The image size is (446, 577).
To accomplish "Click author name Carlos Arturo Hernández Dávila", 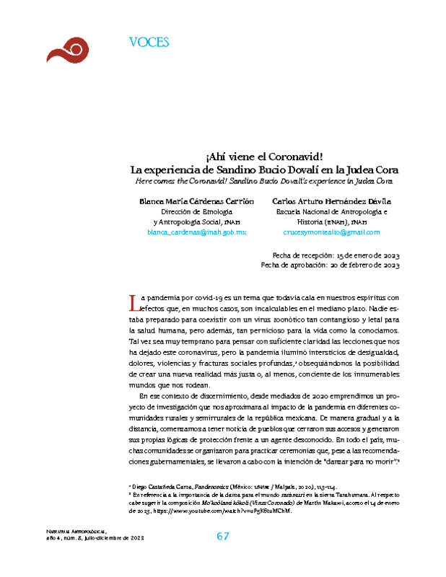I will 333,201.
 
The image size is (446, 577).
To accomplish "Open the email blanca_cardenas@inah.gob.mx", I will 196,233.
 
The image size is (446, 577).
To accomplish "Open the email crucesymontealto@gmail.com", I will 331,233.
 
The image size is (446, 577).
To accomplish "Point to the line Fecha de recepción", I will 336,255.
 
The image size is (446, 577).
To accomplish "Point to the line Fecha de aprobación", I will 330,265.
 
